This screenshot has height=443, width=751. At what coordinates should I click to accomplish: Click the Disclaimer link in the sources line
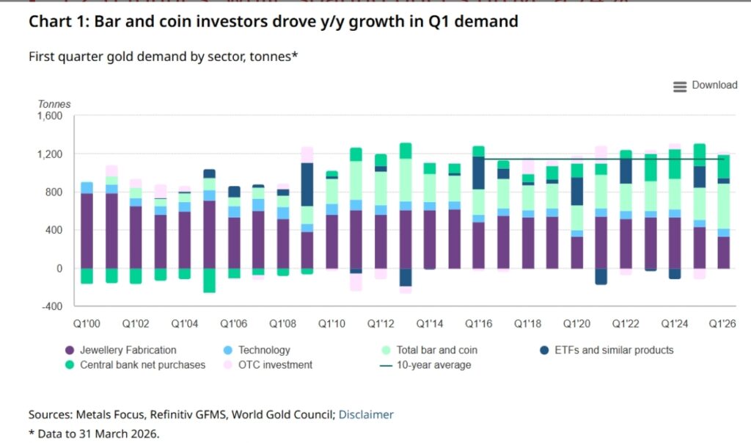[x=366, y=414]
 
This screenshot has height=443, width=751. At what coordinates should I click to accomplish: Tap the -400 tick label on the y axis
[x=51, y=306]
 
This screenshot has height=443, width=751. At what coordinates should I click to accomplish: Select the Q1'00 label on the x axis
[x=87, y=323]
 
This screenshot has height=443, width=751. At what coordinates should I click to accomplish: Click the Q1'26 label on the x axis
[x=722, y=323]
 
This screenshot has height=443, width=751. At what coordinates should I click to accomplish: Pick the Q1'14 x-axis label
[x=429, y=323]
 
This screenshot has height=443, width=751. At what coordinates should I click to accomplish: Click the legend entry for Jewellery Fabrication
[x=128, y=350]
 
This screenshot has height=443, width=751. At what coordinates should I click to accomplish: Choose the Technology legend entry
[x=264, y=350]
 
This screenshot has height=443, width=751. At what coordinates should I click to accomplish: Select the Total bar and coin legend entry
[x=436, y=350]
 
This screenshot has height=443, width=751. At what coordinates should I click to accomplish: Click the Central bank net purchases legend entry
[x=142, y=364]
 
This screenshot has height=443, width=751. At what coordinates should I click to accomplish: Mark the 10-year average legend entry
[x=433, y=364]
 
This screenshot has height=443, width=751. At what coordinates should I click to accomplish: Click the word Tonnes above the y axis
[x=54, y=104]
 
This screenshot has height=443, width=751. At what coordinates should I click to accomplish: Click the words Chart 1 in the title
[x=56, y=21]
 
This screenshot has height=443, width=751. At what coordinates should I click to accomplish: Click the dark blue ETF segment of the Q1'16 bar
[x=478, y=173]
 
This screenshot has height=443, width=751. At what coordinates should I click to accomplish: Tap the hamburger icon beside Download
[x=680, y=86]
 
